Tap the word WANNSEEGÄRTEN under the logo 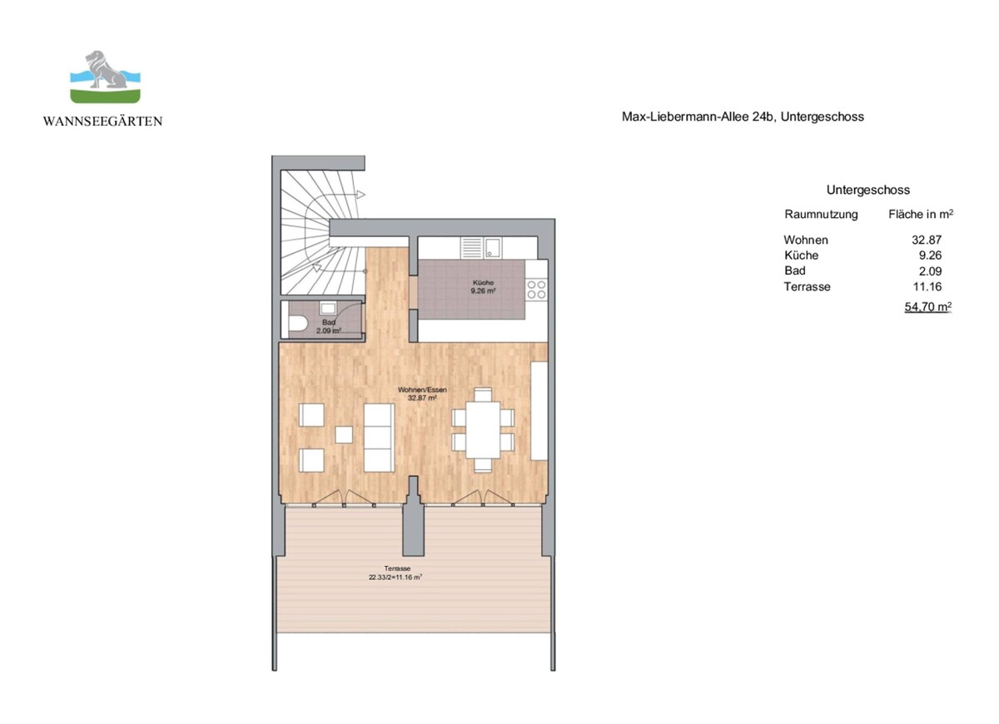[x=103, y=121]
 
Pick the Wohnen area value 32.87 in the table [x=927, y=240]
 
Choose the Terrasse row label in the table [x=807, y=286]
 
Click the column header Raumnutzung [x=821, y=214]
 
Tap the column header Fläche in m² [x=921, y=214]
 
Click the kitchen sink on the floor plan [x=493, y=246]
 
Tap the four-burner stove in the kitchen [x=536, y=289]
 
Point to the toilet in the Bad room [x=296, y=325]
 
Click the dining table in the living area [x=483, y=429]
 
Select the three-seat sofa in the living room [x=379, y=437]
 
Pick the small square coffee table [x=344, y=434]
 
